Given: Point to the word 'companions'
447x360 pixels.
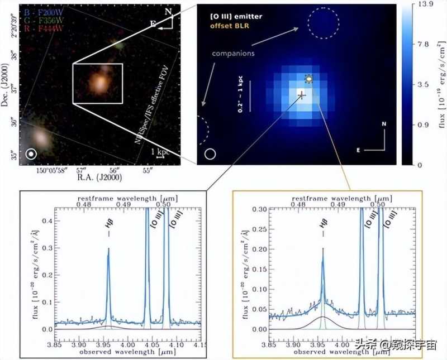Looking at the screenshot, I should [x=234, y=54].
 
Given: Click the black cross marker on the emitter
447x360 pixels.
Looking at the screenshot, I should [x=302, y=95].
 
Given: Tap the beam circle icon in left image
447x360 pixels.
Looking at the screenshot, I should [x=31, y=153].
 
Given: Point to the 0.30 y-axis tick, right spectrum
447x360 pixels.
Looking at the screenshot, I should [x=258, y=209].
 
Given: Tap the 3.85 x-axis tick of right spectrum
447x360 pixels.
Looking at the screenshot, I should [x=271, y=345].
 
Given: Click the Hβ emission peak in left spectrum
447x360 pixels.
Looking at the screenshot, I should [x=108, y=249].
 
